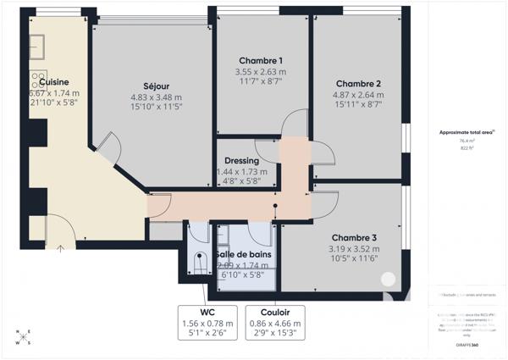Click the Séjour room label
click(156, 86)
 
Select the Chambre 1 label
click(261, 61)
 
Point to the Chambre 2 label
click(358, 83)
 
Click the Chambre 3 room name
click(354, 237)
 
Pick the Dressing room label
click(241, 161)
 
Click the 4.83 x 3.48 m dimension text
click(156, 97)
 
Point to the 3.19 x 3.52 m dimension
click(354, 248)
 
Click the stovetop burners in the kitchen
click(39, 80)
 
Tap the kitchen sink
click(38, 42)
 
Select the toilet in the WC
click(201, 264)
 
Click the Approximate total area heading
click(467, 132)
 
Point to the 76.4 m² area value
click(467, 141)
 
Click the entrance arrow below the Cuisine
click(60, 248)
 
